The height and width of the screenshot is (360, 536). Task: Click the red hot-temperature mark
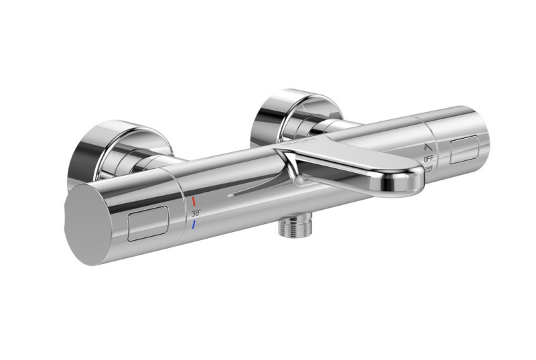(194, 200)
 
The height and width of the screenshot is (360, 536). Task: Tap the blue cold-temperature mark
(194, 225)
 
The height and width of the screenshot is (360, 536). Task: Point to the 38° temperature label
(195, 213)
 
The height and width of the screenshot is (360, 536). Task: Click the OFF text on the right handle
(429, 159)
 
